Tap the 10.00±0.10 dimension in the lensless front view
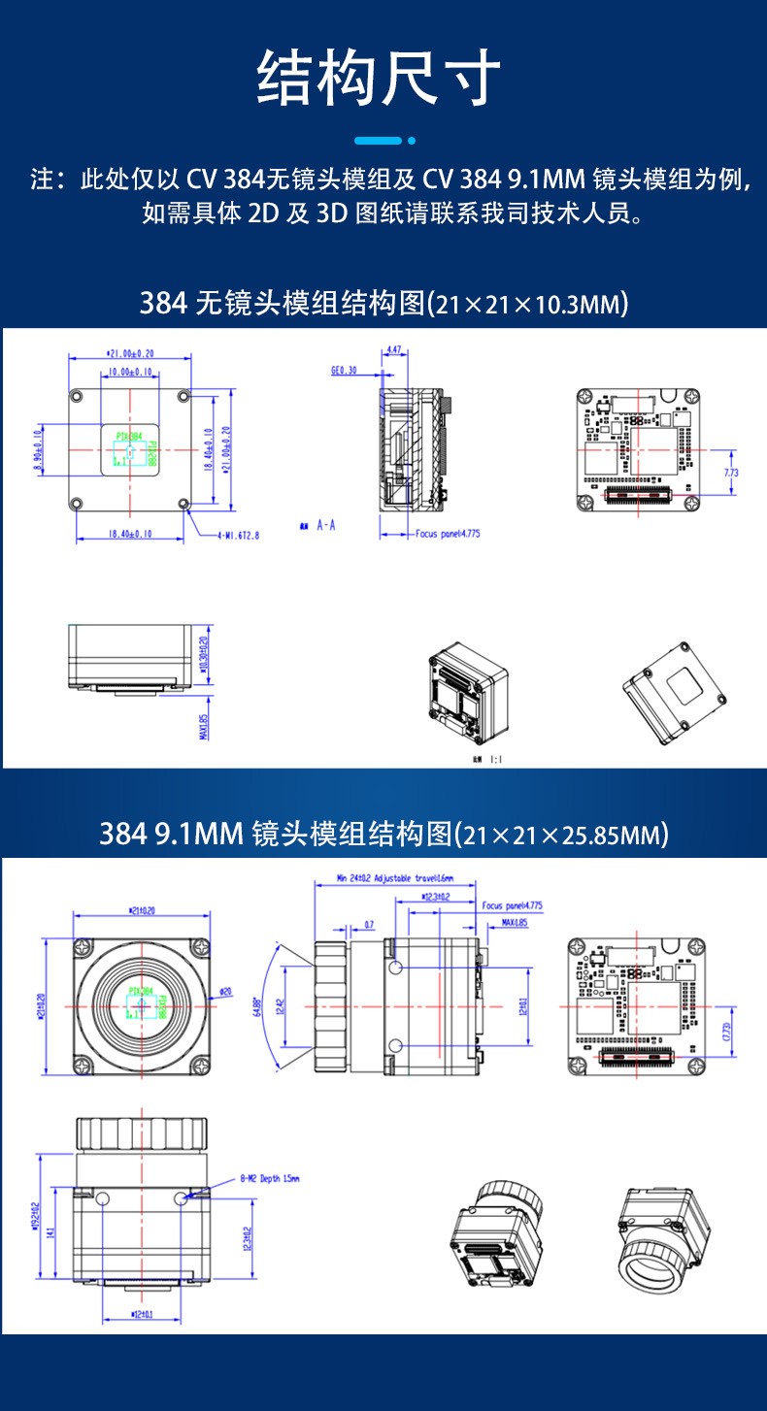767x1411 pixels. point(129,371)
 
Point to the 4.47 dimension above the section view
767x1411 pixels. point(395,349)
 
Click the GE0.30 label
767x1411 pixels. point(344,370)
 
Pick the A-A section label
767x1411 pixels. point(326,525)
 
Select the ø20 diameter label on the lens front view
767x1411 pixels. point(225,991)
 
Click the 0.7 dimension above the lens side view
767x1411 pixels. point(369,924)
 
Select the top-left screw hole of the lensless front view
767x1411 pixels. point(77,395)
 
